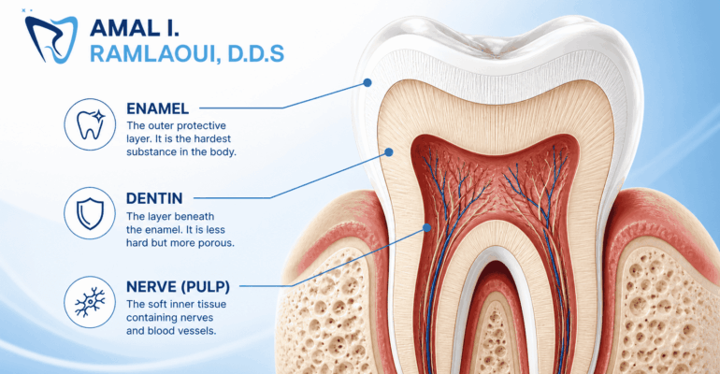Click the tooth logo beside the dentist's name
[x=50, y=39]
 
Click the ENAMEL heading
[x=157, y=108]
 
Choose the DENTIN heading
[x=154, y=198]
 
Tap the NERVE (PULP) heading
[x=179, y=287]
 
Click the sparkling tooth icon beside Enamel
[x=90, y=124]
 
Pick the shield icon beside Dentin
[x=90, y=213]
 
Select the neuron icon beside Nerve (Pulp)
[x=90, y=302]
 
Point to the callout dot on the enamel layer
[x=367, y=82]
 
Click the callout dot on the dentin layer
[x=389, y=151]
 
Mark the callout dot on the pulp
[x=427, y=227]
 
